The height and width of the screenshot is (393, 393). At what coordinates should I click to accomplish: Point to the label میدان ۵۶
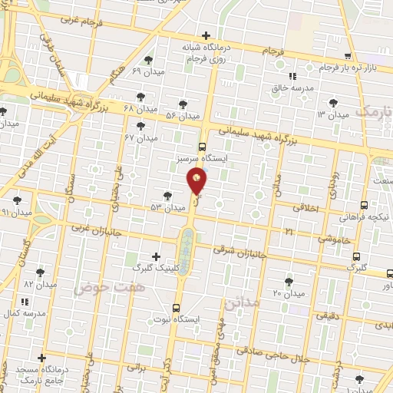(x=183, y=116)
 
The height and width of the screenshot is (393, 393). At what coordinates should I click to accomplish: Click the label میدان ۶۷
(x=141, y=137)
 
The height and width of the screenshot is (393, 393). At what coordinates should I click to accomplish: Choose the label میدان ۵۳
(x=169, y=208)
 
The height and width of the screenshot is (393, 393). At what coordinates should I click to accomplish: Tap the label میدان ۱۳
(x=332, y=114)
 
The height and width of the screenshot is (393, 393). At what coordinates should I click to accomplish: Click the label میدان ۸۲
(x=40, y=284)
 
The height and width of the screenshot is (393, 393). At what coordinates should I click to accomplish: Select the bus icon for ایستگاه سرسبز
(x=202, y=147)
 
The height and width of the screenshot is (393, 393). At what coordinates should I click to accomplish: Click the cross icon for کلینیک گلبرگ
(x=157, y=256)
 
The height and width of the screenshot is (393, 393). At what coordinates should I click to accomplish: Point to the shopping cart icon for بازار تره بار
(x=348, y=56)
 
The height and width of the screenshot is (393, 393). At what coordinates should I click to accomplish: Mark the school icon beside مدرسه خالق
(x=292, y=76)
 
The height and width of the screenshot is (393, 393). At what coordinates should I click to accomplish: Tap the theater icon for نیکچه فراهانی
(x=364, y=206)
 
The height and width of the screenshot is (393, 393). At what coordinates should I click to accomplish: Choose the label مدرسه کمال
(x=20, y=314)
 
